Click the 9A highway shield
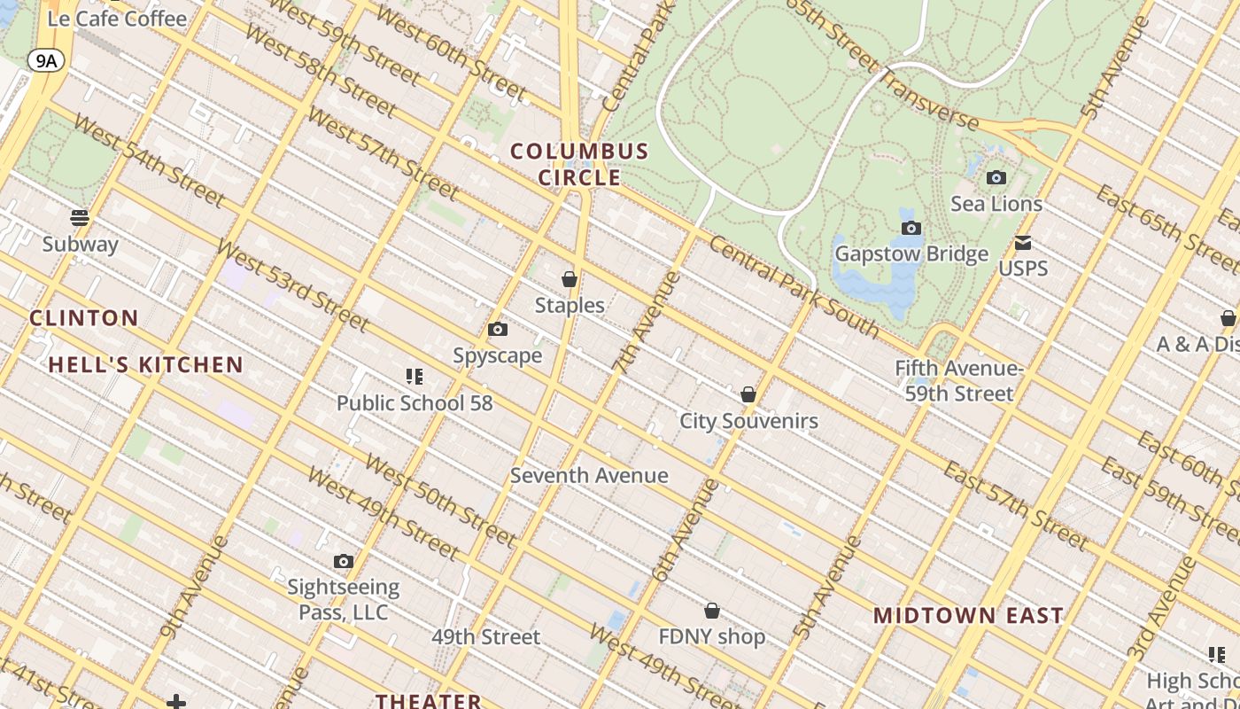[46, 60]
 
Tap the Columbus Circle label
[579, 164]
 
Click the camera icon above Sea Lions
[996, 177]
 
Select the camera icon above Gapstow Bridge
[911, 228]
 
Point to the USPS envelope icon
[1023, 243]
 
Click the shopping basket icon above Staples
[570, 279]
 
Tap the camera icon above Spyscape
[498, 330]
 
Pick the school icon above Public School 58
[414, 377]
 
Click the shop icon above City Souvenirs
[748, 394]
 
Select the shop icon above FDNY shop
[712, 611]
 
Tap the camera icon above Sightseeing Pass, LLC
[344, 561]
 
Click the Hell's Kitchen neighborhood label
[146, 364]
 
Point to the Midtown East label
[968, 615]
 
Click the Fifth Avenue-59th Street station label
[959, 380]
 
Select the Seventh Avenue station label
[589, 475]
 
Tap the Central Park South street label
[794, 288]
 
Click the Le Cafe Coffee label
[117, 19]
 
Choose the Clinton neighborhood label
[84, 318]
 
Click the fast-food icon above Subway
[80, 217]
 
